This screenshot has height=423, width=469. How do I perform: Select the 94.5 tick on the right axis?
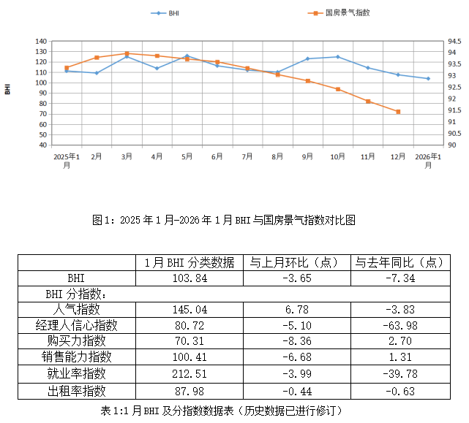click(x=454, y=42)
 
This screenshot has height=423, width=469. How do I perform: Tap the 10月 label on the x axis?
click(x=337, y=156)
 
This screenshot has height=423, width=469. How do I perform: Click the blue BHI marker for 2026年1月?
click(x=428, y=78)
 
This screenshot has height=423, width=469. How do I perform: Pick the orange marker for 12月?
click(x=398, y=112)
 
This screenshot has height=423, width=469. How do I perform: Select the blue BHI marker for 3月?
click(x=127, y=56)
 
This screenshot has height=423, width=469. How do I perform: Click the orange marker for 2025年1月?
click(x=67, y=68)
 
